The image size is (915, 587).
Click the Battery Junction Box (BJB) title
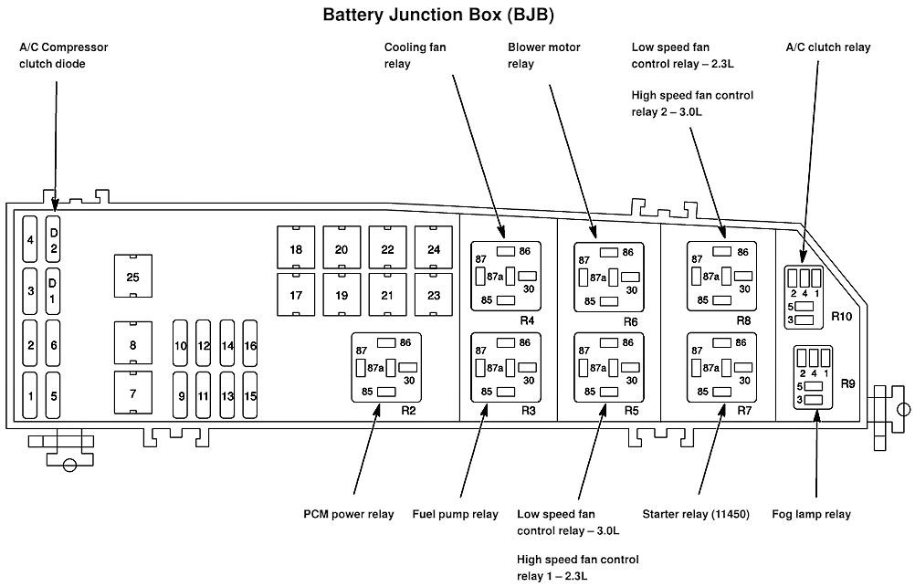click(439, 15)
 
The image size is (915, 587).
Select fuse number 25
click(132, 277)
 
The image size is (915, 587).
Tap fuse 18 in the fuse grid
click(296, 249)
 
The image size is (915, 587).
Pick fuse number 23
click(434, 295)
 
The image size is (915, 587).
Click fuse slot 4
click(30, 240)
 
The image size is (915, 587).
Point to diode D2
click(54, 240)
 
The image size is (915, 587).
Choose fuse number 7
click(133, 393)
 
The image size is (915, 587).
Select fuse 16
click(250, 346)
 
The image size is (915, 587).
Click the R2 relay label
click(408, 410)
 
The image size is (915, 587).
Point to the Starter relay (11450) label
click(696, 515)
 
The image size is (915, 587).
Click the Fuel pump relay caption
click(456, 515)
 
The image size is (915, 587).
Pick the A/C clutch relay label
click(827, 47)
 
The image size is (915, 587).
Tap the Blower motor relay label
click(544, 55)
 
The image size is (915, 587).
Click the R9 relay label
click(848, 384)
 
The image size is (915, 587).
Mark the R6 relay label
click(630, 321)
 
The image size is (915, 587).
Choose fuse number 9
click(181, 396)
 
